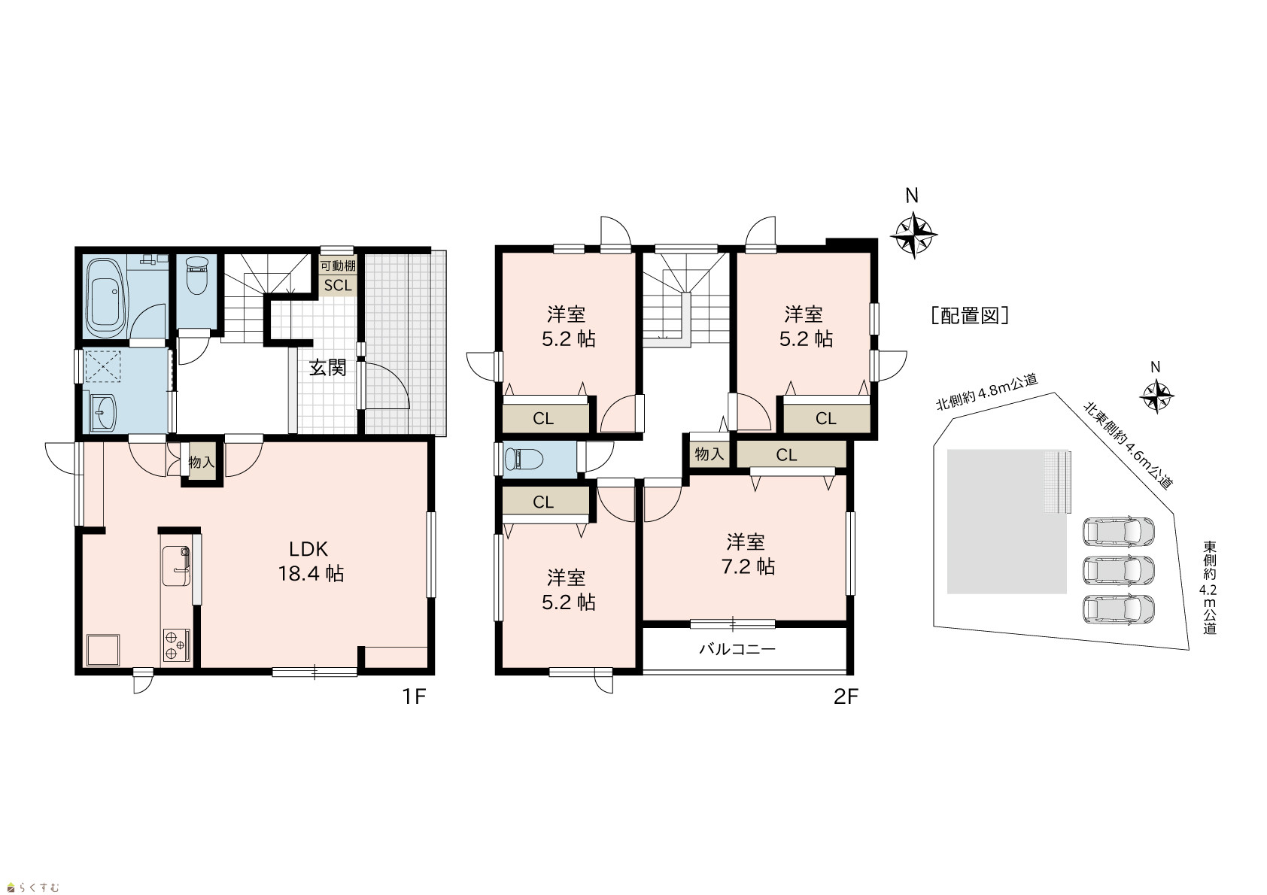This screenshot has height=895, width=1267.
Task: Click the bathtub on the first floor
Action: [108, 298]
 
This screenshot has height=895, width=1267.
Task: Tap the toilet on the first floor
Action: [197, 275]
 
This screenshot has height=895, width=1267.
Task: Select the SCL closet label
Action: [338, 286]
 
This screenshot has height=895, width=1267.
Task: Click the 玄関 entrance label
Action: [327, 368]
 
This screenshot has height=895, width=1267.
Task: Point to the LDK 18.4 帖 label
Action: [311, 561]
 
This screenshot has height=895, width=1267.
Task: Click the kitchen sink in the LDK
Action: [177, 566]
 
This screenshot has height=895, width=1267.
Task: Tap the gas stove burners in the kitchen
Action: [177, 645]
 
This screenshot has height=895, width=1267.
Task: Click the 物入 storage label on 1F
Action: [202, 463]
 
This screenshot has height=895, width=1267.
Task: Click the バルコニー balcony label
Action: [737, 649]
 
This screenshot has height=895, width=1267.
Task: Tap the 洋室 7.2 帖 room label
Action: [747, 554]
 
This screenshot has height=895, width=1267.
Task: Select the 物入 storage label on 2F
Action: [709, 454]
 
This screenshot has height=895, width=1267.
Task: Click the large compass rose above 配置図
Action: [913, 234]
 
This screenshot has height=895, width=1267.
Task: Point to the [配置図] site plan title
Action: [970, 315]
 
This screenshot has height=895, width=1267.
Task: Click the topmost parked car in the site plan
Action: [1118, 532]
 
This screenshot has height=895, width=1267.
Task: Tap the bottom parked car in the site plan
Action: [1118, 609]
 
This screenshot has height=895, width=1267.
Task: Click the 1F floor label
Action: [414, 696]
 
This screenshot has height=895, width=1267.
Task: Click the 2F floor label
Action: [846, 696]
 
